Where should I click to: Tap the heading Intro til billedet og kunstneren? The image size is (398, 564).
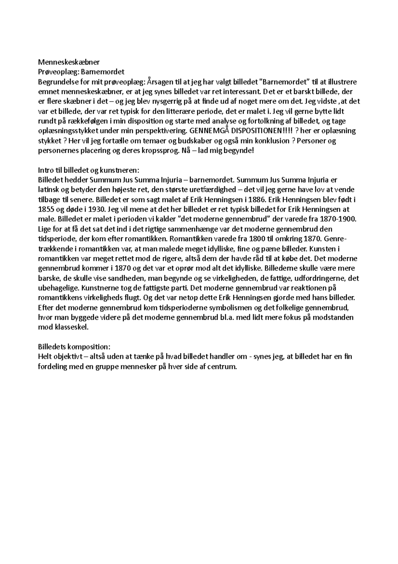tap(89, 170)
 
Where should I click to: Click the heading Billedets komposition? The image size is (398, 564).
tap(74, 347)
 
